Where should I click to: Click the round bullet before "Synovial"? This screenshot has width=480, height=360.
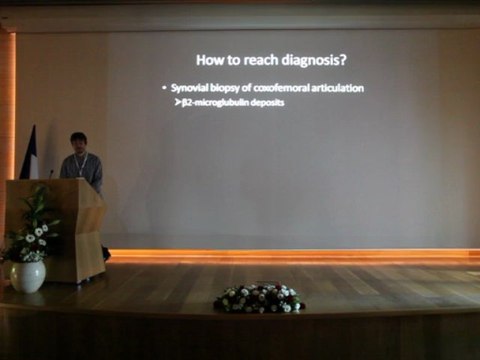[x=165, y=89]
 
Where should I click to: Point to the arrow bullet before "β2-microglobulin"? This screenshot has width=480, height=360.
[x=177, y=102]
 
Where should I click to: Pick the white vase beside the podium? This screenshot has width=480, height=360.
[x=28, y=276]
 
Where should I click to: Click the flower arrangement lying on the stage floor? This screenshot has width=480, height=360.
[x=259, y=297]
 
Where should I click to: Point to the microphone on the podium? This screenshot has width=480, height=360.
[x=52, y=173]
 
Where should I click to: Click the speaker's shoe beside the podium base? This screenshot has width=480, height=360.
[x=106, y=254]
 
